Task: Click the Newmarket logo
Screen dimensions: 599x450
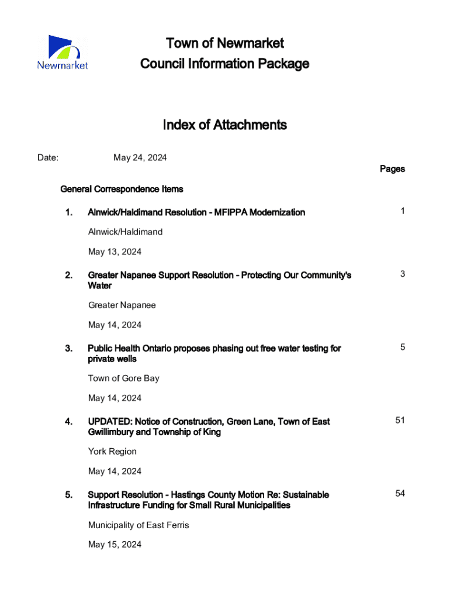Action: coord(62,53)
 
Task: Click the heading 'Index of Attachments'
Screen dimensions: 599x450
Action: coord(224,125)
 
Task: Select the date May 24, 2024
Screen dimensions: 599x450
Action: coord(140,157)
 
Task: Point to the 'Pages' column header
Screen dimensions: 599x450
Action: coord(392,169)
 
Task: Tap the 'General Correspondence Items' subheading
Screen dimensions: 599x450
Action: coord(122,189)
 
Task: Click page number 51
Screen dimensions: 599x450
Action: coord(400,420)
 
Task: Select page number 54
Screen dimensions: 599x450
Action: coord(400,493)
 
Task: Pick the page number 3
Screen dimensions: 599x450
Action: coord(403,274)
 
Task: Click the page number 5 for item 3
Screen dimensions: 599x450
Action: coord(403,347)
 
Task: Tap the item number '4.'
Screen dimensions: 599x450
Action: coord(69,421)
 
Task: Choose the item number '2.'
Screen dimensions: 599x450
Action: coord(69,275)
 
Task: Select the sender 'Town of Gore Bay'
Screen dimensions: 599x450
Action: coord(123,378)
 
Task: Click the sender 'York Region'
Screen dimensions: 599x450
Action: coord(112,452)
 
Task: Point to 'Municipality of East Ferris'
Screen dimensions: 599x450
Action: coord(139,525)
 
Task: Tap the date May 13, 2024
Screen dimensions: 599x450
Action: coord(115,252)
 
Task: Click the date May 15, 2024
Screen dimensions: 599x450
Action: coord(115,545)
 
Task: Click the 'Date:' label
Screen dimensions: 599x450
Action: coord(47,157)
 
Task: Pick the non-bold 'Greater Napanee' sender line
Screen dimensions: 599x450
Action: coord(122,305)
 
